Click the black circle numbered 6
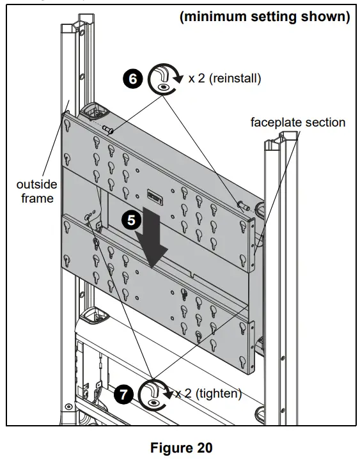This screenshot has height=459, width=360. pos(132,79)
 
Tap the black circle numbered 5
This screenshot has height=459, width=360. pos(131,220)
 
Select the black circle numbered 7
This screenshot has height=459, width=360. pos(123,394)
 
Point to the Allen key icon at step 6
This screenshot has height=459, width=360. pos(162,79)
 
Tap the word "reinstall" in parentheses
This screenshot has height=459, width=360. pos(235,79)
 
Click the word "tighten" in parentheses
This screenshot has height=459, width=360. pos(218,393)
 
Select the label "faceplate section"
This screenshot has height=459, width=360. pos(298,122)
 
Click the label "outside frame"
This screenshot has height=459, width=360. pos(37,191)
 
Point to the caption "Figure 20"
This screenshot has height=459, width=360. pos(181,447)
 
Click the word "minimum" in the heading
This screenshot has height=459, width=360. pos(214,17)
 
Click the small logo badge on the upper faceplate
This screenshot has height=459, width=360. pos(155,194)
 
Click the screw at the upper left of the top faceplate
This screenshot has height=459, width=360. pos(107,130)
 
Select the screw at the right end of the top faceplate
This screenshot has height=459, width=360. pos(244,206)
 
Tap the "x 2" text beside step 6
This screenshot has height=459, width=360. pos(197,79)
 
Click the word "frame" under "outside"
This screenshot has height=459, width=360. pos(38,198)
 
